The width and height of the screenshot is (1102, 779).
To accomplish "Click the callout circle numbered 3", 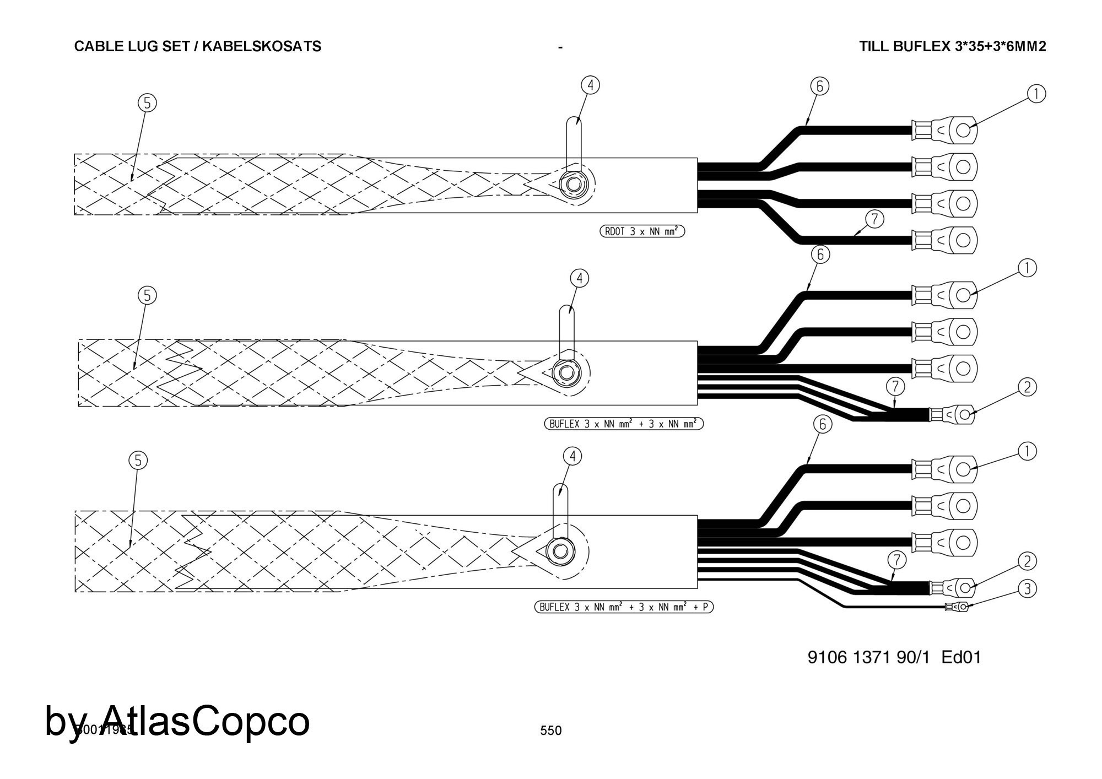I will click(x=1027, y=589).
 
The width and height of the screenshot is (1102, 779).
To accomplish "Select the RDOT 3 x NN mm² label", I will click(x=642, y=231).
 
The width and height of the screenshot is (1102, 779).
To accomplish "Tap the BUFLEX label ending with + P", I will click(x=624, y=607).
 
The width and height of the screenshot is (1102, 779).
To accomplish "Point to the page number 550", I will click(x=551, y=731).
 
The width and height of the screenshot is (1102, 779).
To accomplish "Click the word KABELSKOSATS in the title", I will click(x=262, y=46).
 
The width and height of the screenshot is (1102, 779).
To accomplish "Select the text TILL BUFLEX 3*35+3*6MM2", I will click(x=952, y=46).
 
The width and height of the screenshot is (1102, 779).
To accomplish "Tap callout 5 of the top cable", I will click(x=147, y=103).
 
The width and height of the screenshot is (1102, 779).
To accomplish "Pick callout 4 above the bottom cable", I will click(x=572, y=456).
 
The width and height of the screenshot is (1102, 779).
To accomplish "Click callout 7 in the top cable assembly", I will click(x=874, y=219).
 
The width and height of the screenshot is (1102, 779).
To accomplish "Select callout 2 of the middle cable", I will click(x=1027, y=387).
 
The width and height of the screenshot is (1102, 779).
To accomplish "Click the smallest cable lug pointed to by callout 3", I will click(x=958, y=607).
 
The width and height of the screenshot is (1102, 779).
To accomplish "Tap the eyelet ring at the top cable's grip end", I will click(x=574, y=184).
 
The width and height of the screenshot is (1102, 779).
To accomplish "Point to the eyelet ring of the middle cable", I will click(x=566, y=374).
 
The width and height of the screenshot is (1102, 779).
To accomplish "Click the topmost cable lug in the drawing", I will click(x=945, y=131).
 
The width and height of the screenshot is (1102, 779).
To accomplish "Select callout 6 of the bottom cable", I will click(x=823, y=424).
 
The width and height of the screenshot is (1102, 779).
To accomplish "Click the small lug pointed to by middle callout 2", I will click(x=952, y=414).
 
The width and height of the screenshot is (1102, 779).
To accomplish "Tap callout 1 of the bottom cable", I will click(x=1027, y=452).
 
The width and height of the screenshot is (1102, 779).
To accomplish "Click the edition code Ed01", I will click(x=961, y=657).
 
